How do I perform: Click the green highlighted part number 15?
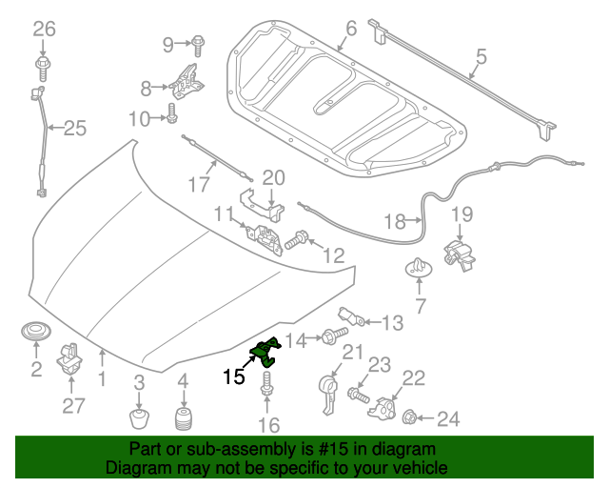coord(265,352)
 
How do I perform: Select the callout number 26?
coord(44,29)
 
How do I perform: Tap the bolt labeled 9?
coord(199,43)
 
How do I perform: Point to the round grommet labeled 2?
coord(36,335)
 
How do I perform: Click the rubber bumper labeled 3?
coord(140,419)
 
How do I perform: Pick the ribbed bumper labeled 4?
coord(182,420)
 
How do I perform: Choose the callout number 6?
coord(351,30)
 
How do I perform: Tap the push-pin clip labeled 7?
coord(418,268)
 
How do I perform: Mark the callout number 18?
coord(395,222)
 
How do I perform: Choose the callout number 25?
coord(74,129)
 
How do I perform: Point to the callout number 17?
coord(198,183)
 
